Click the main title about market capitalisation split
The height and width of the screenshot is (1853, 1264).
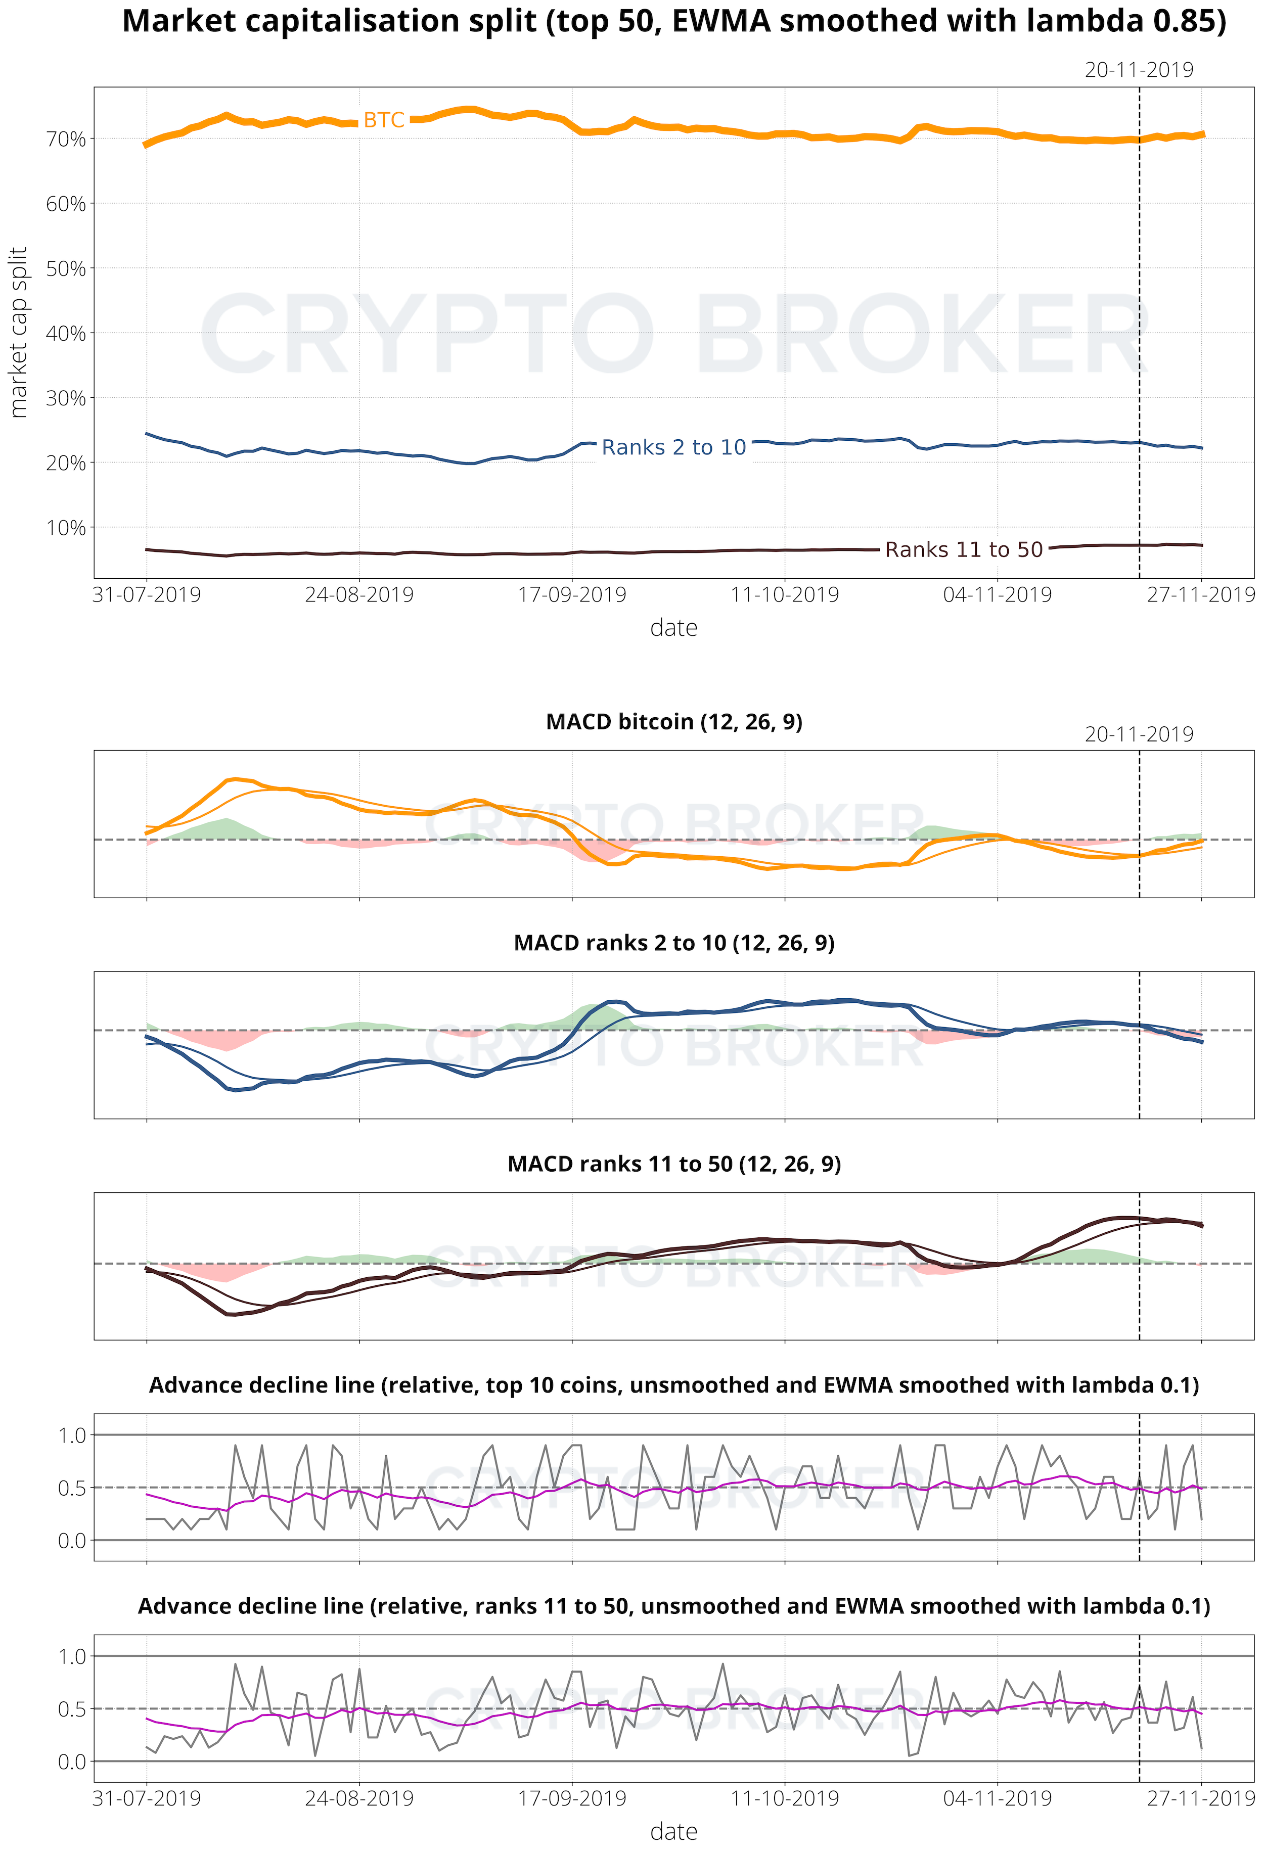click(674, 22)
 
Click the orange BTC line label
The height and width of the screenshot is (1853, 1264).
click(384, 120)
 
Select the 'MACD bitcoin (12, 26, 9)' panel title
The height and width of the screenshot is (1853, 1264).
click(674, 722)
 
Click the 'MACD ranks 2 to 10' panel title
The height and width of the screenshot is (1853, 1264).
click(674, 943)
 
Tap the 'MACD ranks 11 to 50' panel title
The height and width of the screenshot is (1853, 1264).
click(674, 1164)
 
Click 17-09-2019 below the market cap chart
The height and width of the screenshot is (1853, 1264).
click(572, 595)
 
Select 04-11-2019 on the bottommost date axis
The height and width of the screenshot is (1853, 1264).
click(997, 1799)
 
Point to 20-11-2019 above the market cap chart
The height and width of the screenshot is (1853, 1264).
click(1139, 70)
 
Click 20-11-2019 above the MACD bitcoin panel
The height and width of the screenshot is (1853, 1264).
click(1139, 734)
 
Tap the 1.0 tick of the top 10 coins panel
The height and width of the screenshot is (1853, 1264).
click(72, 1435)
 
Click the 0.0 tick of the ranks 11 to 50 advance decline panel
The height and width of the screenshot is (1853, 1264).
click(72, 1762)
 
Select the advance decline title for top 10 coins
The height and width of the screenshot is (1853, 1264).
click(674, 1385)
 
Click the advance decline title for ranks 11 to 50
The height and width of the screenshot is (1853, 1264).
click(674, 1606)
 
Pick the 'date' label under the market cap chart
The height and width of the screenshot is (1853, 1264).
click(674, 628)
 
